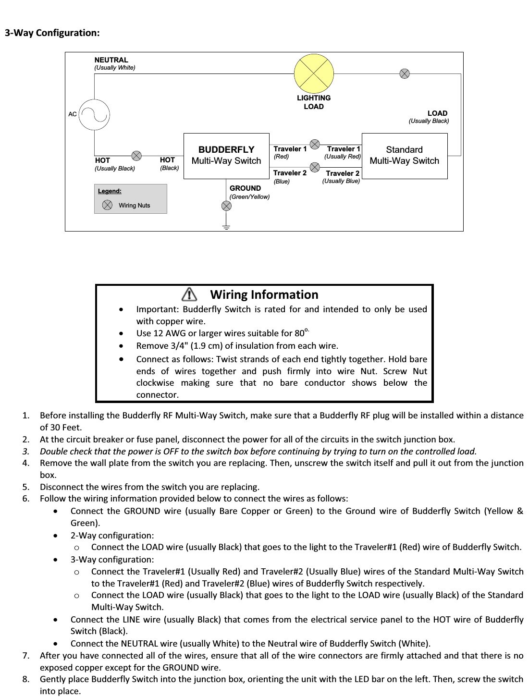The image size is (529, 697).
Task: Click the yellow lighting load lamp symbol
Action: coord(314,73)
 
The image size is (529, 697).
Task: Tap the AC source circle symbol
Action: coord(95,114)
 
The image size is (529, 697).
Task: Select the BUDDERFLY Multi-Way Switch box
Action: coord(226,156)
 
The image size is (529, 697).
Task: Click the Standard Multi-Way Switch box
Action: coord(404,156)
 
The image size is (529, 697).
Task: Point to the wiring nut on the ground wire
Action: coord(226,206)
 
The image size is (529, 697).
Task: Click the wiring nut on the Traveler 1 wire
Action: coord(315,144)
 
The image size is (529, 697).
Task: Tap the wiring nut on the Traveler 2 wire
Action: coord(315,167)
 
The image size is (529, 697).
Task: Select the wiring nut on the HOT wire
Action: coord(137,156)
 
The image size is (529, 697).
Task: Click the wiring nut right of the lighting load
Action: coord(405,73)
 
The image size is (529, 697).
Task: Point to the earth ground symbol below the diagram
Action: coord(226,227)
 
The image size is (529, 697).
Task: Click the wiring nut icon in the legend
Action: coord(108,205)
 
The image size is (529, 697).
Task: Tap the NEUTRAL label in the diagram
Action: coord(111,60)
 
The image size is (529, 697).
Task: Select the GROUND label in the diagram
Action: coord(245,188)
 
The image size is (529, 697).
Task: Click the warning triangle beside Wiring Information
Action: coord(190,294)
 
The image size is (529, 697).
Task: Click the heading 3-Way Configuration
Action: coord(52,33)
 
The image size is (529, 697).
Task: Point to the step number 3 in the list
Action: coord(25,452)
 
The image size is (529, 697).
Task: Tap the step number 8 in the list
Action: coord(25,679)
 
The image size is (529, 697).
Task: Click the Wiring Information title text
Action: coord(264,294)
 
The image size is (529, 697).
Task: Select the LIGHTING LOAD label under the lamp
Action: coord(314,102)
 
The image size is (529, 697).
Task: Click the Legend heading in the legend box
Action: coord(110,191)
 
